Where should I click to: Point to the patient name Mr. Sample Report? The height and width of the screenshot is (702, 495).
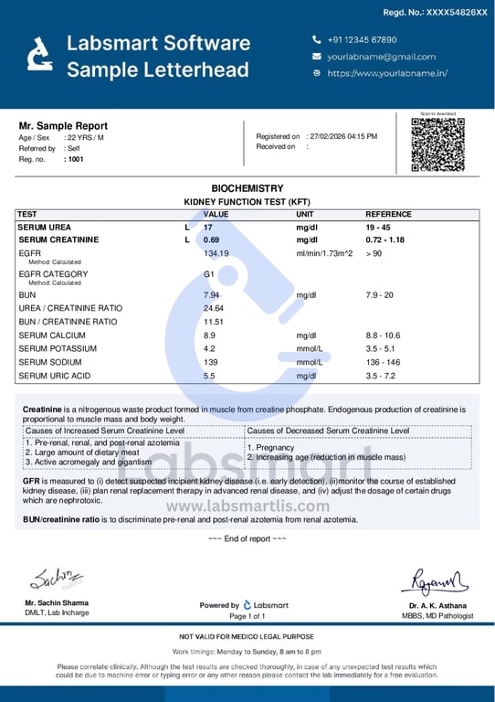[x=63, y=126]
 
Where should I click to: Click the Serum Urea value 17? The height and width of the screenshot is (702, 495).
[x=208, y=227]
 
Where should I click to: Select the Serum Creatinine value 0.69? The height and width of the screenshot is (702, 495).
[x=212, y=239]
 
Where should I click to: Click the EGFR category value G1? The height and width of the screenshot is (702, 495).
[x=208, y=274]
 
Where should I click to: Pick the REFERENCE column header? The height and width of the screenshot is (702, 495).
[x=388, y=214]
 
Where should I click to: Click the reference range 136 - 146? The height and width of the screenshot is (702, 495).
[x=383, y=363]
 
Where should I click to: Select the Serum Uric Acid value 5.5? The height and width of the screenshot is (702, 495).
[x=209, y=376]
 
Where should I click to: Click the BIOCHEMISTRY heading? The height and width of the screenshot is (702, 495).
[x=247, y=188]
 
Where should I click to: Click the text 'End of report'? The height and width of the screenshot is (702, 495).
[x=247, y=538]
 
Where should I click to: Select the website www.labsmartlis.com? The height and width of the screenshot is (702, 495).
[x=247, y=505]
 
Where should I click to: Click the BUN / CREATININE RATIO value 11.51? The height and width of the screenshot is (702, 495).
[x=214, y=322]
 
